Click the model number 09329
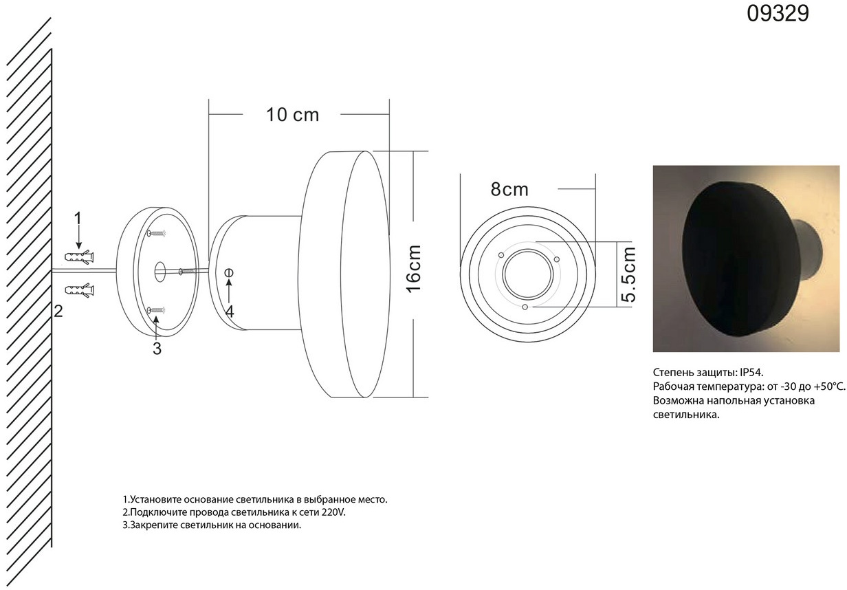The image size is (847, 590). [x=778, y=14]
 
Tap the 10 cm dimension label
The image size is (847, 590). [x=292, y=115]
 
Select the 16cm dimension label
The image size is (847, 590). [x=414, y=269]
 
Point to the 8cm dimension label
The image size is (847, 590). [x=509, y=189]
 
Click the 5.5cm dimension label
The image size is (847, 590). [x=628, y=274]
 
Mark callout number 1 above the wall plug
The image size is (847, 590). [x=78, y=219]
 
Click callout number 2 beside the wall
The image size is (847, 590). [x=58, y=312]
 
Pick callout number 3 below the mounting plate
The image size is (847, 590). [x=157, y=349]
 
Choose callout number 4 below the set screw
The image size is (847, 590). [x=230, y=312]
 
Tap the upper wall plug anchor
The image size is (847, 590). [x=80, y=257]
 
